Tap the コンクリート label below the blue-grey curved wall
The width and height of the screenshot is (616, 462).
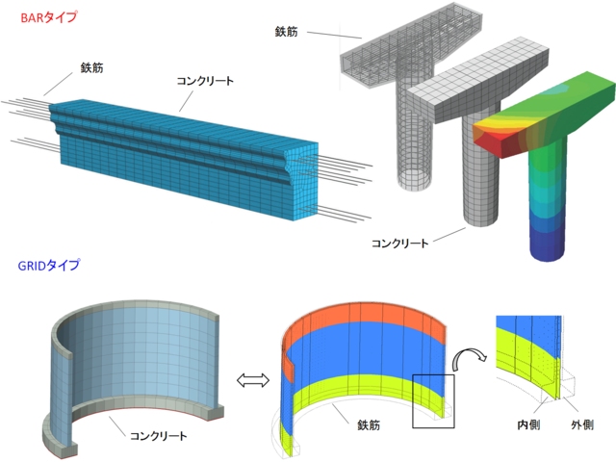tap(158, 435)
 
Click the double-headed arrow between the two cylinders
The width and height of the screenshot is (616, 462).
tap(250, 380)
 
